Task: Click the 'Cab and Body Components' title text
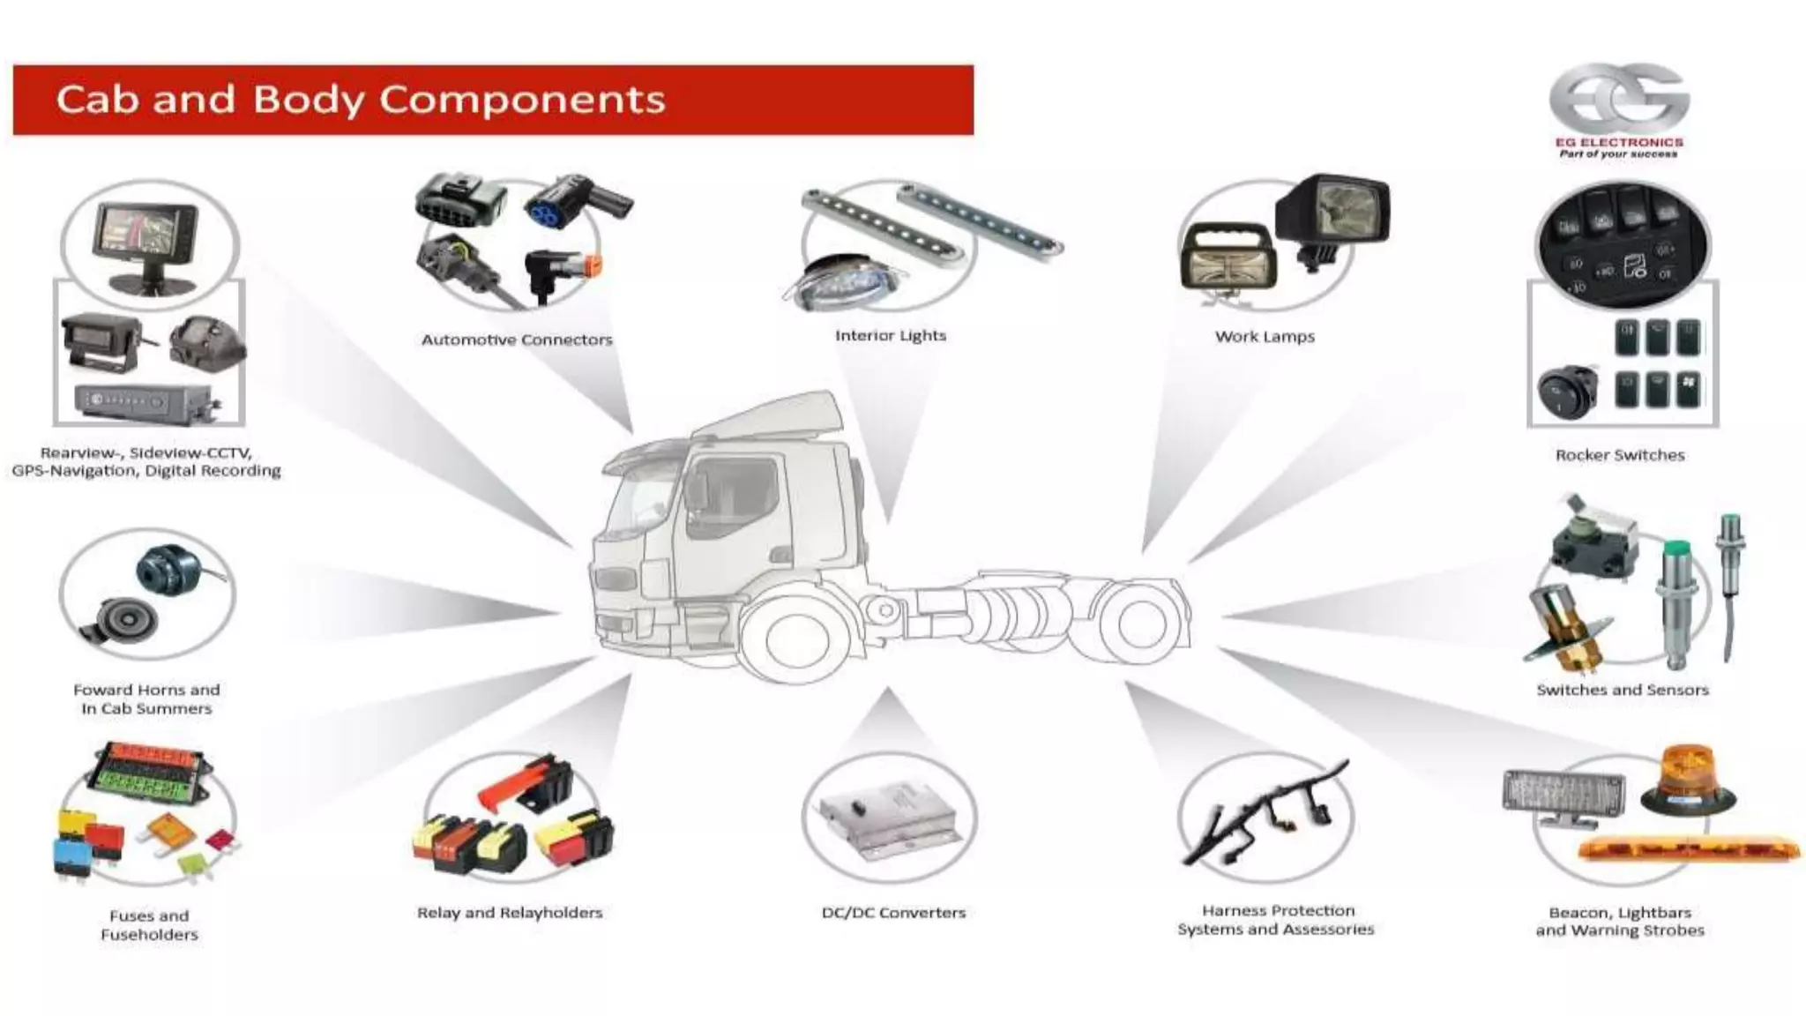click(360, 99)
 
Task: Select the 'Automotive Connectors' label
click(517, 340)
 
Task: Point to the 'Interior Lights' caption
click(890, 335)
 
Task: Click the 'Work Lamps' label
click(1265, 336)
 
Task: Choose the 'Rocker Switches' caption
click(1620, 455)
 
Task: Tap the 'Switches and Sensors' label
click(1622, 690)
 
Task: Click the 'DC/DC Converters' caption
click(893, 913)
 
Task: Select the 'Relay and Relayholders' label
click(510, 913)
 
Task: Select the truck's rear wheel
click(1140, 623)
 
